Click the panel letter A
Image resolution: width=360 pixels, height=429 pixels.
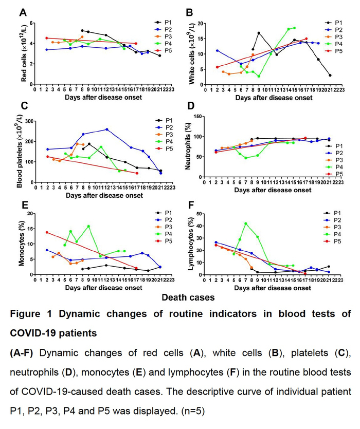click(x=23, y=11)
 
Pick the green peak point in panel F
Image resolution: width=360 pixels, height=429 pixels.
click(x=245, y=223)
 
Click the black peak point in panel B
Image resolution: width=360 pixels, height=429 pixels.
click(x=259, y=33)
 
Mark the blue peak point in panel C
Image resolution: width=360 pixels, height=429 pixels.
click(x=106, y=129)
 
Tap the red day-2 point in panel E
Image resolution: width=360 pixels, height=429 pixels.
click(x=47, y=232)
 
